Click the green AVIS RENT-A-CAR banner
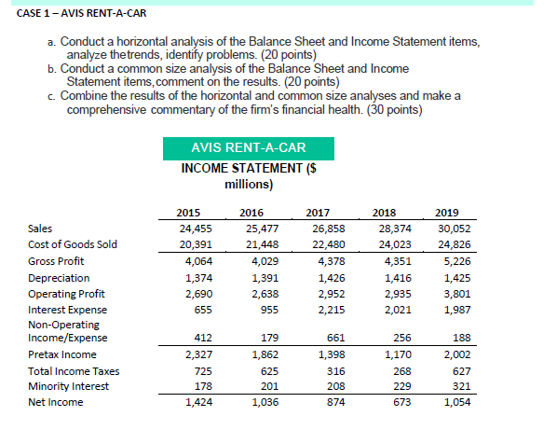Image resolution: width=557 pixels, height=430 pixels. point(248,148)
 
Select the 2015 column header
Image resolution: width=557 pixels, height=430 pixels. point(190,213)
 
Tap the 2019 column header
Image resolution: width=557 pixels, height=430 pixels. point(445,213)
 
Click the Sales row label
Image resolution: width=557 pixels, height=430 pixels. point(42,229)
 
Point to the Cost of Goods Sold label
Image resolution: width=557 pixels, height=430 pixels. point(73,244)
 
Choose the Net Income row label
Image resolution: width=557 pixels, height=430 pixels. point(55,402)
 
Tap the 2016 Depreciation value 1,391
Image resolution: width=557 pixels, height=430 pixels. point(251,277)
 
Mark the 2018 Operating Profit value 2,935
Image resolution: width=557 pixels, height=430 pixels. point(381,293)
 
